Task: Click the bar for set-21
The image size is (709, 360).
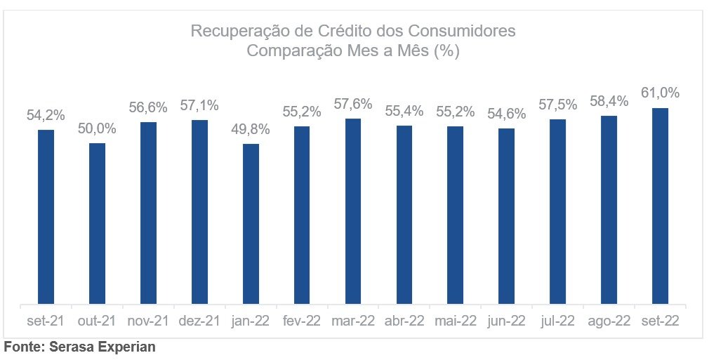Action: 46,217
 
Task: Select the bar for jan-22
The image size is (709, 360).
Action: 251,224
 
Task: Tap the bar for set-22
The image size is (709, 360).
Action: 660,206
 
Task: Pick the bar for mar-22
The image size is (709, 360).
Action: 353,211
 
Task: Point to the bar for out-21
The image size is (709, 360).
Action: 97,224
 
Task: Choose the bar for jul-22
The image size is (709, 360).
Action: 558,212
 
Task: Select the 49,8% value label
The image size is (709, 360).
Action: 251,130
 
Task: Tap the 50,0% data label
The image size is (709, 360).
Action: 97,129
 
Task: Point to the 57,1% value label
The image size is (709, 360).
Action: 199,105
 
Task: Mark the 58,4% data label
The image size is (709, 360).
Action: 609,101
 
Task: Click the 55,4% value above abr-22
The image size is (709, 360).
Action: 404,111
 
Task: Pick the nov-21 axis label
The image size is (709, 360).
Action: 148,321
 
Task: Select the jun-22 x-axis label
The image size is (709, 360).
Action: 507,321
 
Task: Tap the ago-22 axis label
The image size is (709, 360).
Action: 609,321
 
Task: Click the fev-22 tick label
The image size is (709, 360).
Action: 302,321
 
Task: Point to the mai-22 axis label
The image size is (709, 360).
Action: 456,321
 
